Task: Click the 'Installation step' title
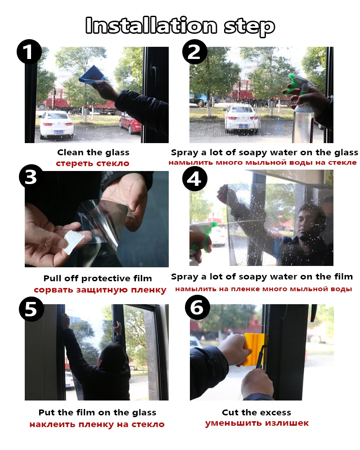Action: point(180,26)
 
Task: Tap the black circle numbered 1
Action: point(29,52)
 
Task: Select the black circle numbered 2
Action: point(195,52)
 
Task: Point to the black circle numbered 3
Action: point(31,177)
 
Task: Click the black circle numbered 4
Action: point(195,179)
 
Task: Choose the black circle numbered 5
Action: point(31,309)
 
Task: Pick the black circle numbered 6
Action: point(198,307)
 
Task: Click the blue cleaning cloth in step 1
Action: point(92,75)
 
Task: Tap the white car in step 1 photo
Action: point(56,124)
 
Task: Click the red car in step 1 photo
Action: point(130,123)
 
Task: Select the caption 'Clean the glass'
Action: point(93,152)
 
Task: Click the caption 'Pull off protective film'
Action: point(98,279)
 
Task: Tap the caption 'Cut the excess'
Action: point(256,412)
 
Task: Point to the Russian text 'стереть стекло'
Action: point(92,163)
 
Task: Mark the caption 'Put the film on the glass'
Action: point(97,412)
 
